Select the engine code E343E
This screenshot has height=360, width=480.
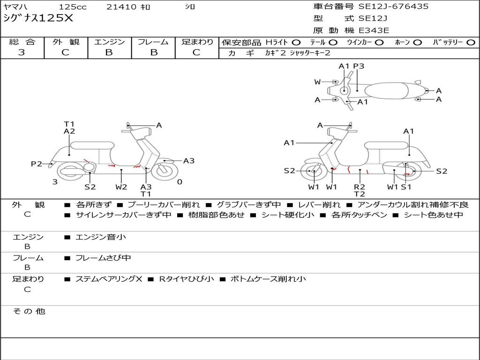374,30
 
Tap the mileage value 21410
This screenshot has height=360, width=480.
121,7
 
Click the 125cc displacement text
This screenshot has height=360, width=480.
74,7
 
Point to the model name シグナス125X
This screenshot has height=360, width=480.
38,18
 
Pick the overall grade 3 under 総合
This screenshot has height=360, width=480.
22,52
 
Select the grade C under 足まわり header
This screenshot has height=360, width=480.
196,52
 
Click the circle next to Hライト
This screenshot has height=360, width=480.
296,42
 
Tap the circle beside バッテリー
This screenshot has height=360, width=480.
471,42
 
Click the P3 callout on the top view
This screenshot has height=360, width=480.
359,66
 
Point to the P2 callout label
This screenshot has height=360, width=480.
37,164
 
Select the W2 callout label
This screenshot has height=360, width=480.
121,187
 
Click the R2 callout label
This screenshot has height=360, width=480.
360,187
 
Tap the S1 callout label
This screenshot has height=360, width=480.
406,187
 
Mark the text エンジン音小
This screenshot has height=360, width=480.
101,237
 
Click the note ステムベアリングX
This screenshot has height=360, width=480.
108,279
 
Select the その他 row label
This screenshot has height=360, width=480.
29,311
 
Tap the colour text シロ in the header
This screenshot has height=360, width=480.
190,7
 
